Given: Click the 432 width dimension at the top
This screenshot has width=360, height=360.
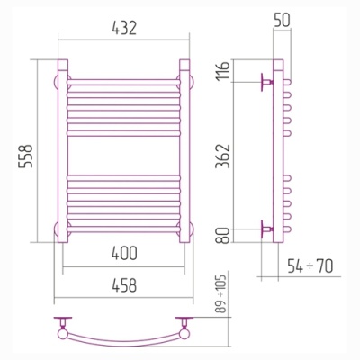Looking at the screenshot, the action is point(124,28).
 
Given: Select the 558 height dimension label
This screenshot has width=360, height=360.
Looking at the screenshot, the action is point(25,156).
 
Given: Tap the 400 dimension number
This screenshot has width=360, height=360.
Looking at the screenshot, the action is point(124,253).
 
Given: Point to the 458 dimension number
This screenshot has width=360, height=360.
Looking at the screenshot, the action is point(124,285).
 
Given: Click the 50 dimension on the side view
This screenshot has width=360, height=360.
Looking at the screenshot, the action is point(282,21).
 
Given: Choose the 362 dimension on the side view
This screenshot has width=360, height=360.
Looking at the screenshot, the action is point(223,156).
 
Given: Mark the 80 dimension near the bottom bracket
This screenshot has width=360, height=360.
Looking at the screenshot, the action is point(223,236).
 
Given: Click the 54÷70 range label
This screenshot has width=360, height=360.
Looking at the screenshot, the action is point(310,265).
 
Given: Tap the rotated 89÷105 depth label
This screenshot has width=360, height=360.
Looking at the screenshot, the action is point(221,293).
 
